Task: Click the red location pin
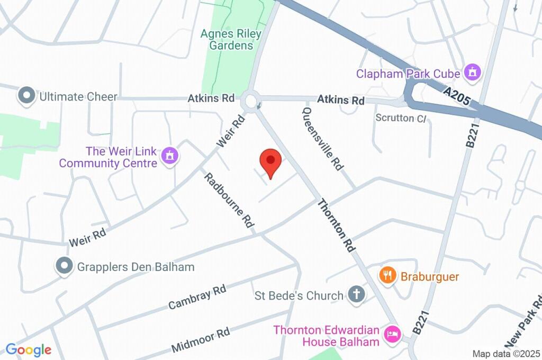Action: [270, 161]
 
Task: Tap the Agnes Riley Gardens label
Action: [231, 40]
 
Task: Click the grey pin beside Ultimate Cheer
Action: [25, 96]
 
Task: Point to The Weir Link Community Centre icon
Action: [170, 157]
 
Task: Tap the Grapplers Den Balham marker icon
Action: [65, 266]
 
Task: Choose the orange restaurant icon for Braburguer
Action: [387, 275]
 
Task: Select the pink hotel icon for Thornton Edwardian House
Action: [392, 334]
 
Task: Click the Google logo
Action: [28, 349]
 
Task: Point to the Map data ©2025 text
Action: [506, 354]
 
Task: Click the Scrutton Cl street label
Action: [400, 118]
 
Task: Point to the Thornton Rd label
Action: [335, 228]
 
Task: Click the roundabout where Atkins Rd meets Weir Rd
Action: [250, 100]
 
